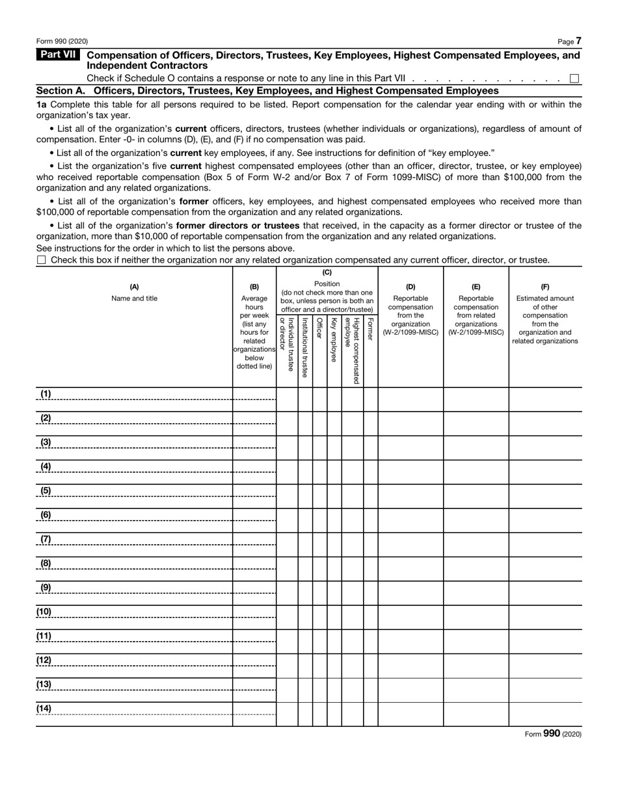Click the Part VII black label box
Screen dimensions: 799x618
[x=58, y=55]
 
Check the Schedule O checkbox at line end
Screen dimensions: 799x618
[x=574, y=79]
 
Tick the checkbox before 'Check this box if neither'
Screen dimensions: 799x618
[x=42, y=260]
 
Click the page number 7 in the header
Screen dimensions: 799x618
[x=578, y=41]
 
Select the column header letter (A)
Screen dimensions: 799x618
[x=134, y=287]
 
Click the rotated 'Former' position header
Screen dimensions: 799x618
[x=370, y=329]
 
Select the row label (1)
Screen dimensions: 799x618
[x=46, y=394]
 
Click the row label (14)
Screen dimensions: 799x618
[x=44, y=708]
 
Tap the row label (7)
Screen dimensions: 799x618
[x=46, y=539]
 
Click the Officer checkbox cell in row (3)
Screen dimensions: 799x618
[x=319, y=448]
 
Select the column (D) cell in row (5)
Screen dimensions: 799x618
[x=410, y=496]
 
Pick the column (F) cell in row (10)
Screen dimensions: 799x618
[x=545, y=617]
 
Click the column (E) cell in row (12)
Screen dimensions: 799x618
[x=476, y=665]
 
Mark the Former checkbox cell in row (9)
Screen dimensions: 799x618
[x=370, y=593]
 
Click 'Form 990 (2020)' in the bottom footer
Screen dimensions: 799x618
[x=553, y=733]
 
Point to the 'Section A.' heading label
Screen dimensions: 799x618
[x=62, y=91]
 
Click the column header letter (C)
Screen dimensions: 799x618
[x=327, y=273]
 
